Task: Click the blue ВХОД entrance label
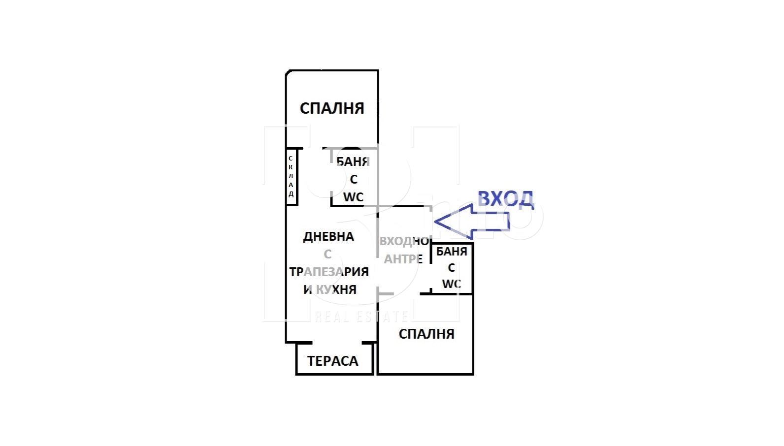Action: (x=506, y=200)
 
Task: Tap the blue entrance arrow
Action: (x=472, y=222)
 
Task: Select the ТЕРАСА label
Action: (x=332, y=361)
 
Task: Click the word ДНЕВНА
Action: (x=328, y=237)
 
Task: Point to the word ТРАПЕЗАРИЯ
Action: (x=329, y=272)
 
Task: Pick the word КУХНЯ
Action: (x=336, y=289)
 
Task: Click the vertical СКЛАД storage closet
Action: (x=291, y=177)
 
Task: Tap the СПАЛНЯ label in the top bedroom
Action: (x=332, y=108)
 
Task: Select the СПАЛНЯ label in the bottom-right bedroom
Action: (x=426, y=334)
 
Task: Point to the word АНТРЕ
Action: (x=403, y=259)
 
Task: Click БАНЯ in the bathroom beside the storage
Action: (x=353, y=161)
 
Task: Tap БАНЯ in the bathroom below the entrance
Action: (x=452, y=252)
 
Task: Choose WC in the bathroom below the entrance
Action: (x=452, y=284)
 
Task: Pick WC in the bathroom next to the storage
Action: (x=353, y=197)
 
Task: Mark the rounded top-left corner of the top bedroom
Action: (x=287, y=72)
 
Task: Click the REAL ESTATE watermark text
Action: (x=361, y=317)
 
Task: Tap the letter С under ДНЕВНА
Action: (x=327, y=255)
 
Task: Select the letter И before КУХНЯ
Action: (x=308, y=289)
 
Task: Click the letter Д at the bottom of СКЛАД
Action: (x=291, y=194)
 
